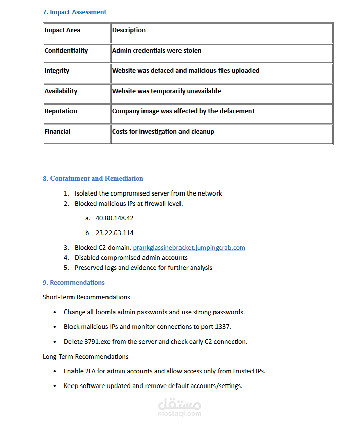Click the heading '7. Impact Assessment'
75,12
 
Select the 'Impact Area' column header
62,30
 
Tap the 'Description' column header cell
129,30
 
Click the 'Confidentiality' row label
66,51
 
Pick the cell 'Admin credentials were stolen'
157,51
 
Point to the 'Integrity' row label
57,71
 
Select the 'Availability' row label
61,91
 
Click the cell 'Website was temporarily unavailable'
166,91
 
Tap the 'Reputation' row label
61,111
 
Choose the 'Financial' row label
57,132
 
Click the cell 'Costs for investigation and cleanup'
163,132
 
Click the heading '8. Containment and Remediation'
93,178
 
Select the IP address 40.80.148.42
115,218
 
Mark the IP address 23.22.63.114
115,233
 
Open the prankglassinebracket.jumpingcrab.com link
189,248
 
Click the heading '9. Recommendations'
74,282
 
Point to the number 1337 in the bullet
224,327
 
